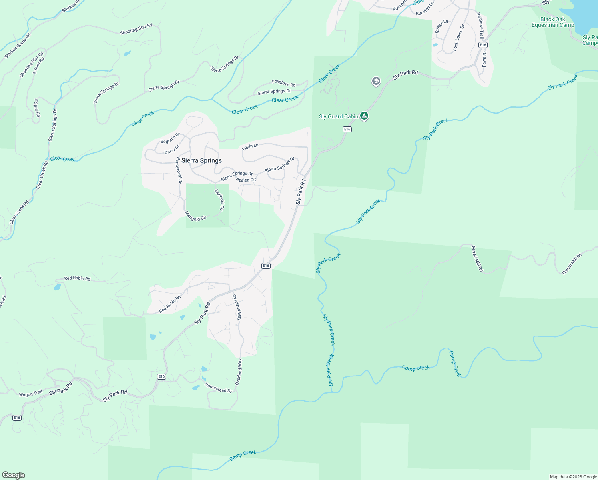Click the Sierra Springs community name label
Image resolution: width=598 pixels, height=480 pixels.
click(201, 160)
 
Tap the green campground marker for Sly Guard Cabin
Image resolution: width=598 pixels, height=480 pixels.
click(364, 116)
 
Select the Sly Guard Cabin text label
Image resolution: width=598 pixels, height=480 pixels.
click(338, 116)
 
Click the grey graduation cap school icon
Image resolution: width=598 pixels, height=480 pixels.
click(376, 81)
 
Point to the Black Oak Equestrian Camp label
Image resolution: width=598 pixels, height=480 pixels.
click(553, 22)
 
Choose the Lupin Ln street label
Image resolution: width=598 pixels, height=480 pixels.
click(251, 146)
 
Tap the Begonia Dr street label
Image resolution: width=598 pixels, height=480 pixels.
click(170, 138)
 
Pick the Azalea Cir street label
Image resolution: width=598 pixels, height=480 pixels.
click(246, 180)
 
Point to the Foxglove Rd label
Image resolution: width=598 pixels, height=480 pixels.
click(284, 83)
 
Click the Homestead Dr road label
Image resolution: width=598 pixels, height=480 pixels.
click(218, 388)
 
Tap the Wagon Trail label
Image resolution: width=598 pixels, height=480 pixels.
click(30, 394)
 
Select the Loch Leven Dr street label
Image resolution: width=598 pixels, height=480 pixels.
click(458, 37)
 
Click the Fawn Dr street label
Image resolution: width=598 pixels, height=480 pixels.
click(484, 58)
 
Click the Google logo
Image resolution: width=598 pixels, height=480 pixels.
click(14, 475)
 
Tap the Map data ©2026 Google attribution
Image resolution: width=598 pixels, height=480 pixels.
click(573, 477)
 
